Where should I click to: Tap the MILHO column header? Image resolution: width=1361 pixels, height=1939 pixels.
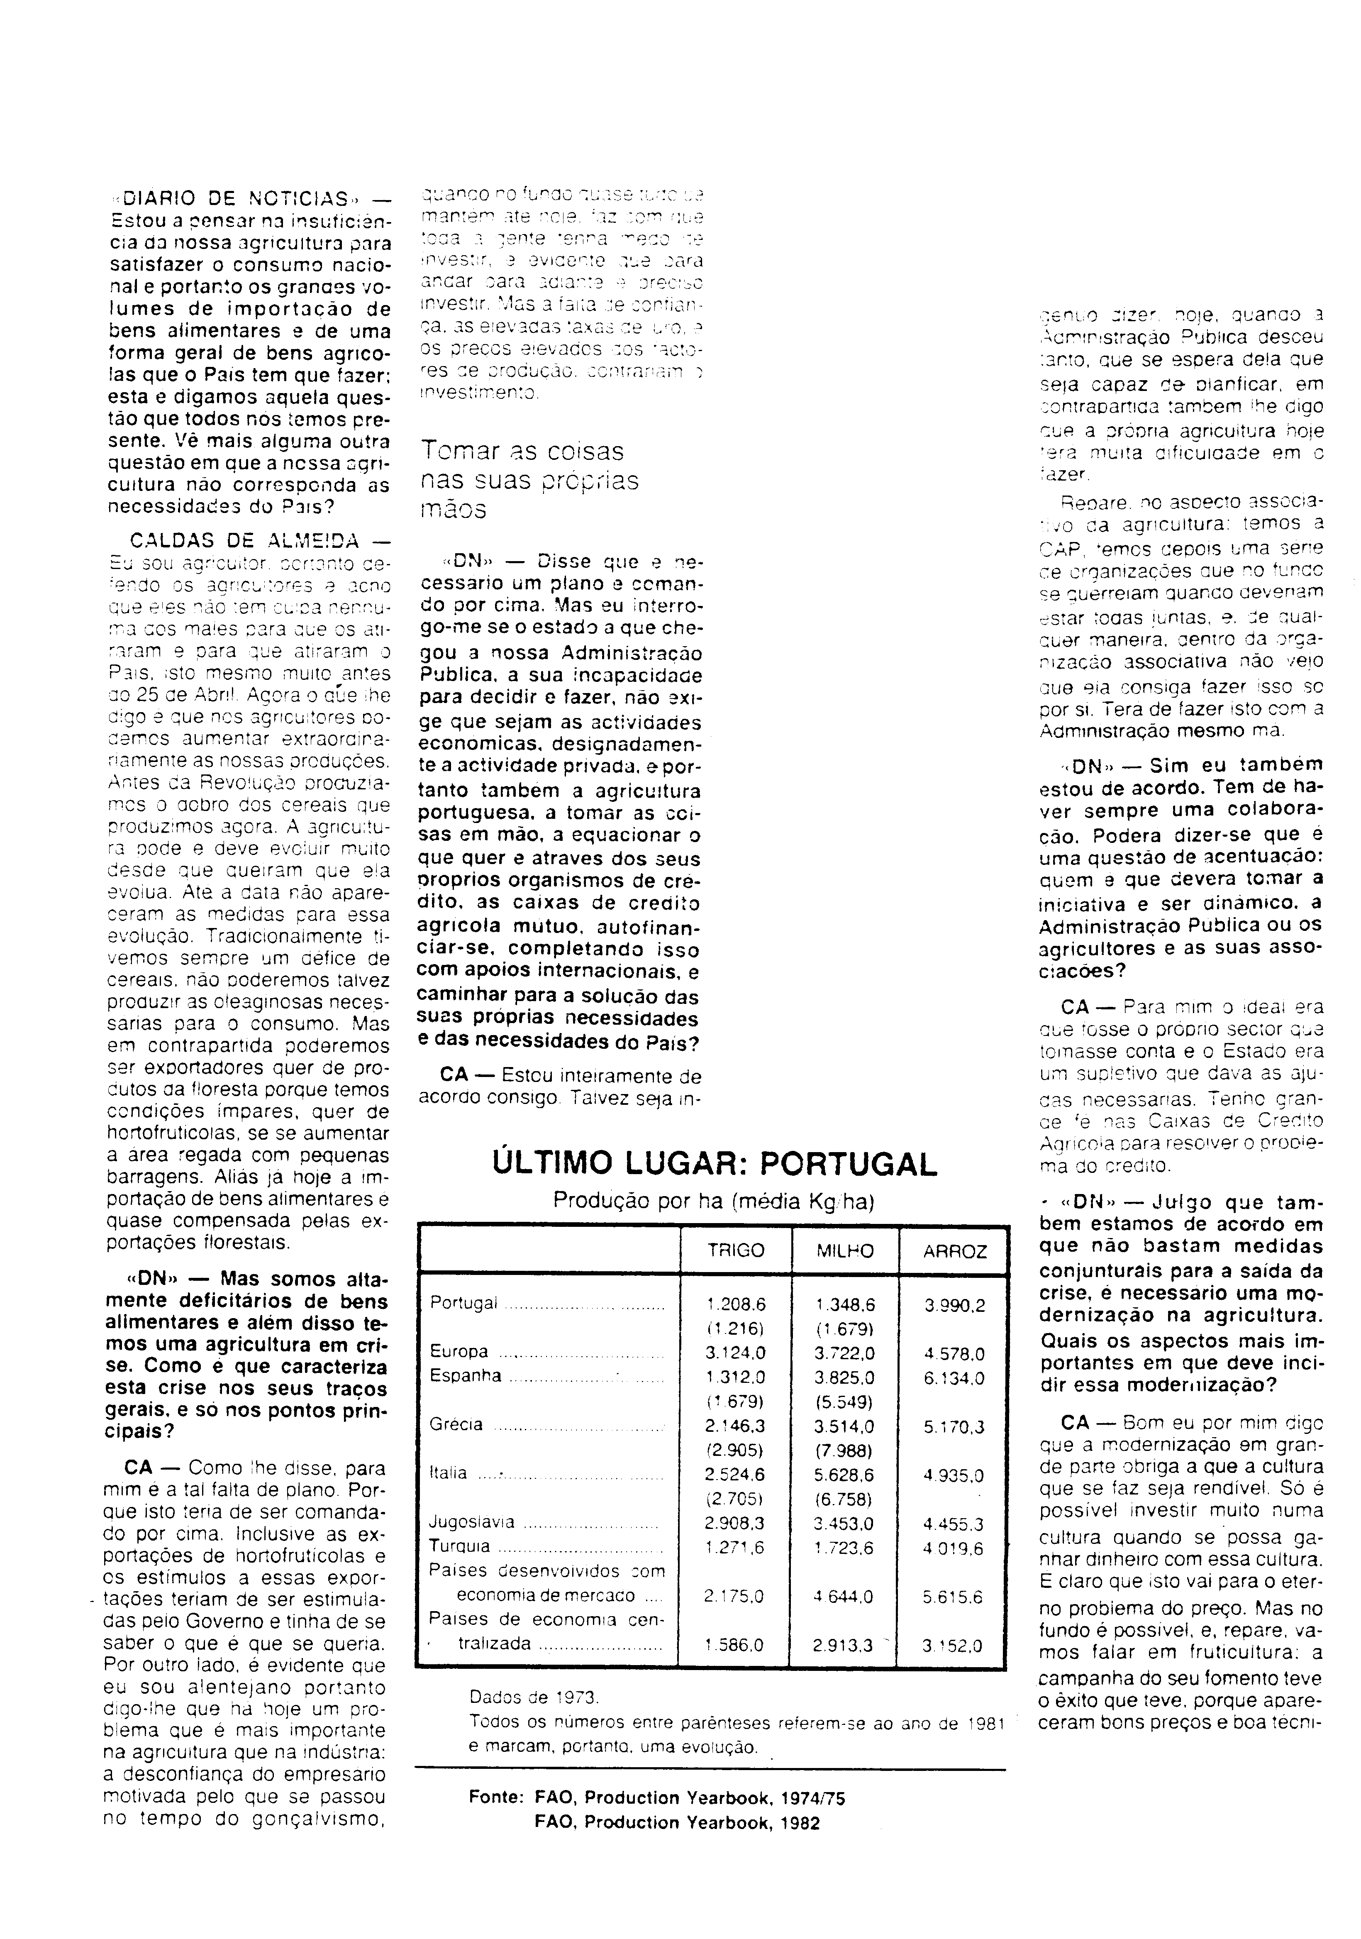(845, 1251)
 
